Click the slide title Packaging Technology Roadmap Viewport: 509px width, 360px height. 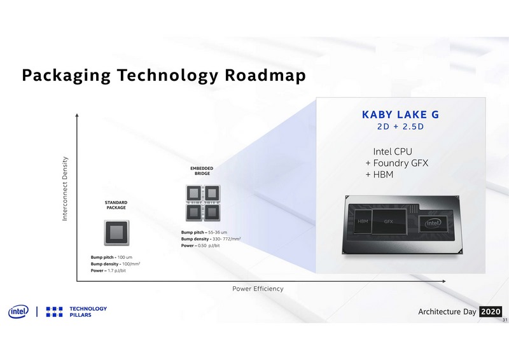click(164, 76)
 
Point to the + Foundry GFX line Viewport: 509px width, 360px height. click(396, 163)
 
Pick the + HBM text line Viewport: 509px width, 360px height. click(380, 174)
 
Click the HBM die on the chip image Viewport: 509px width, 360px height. click(363, 221)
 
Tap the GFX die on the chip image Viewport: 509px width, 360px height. click(389, 221)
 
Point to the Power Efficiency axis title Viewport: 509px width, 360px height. click(258, 289)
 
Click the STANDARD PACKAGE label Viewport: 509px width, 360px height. click(116, 205)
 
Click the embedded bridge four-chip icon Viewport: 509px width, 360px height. click(202, 202)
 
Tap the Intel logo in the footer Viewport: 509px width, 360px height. click(17, 312)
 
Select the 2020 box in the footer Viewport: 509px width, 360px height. click(491, 312)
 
